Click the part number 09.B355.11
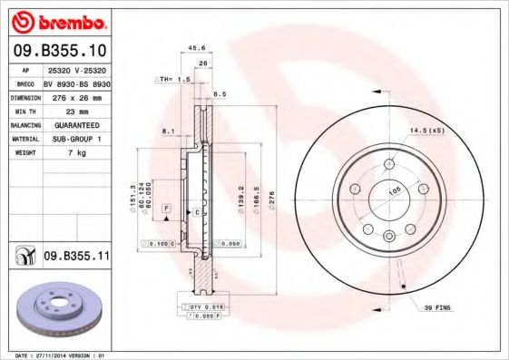76,257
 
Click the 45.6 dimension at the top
193,48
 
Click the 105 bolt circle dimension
394,191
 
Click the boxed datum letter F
167,209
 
